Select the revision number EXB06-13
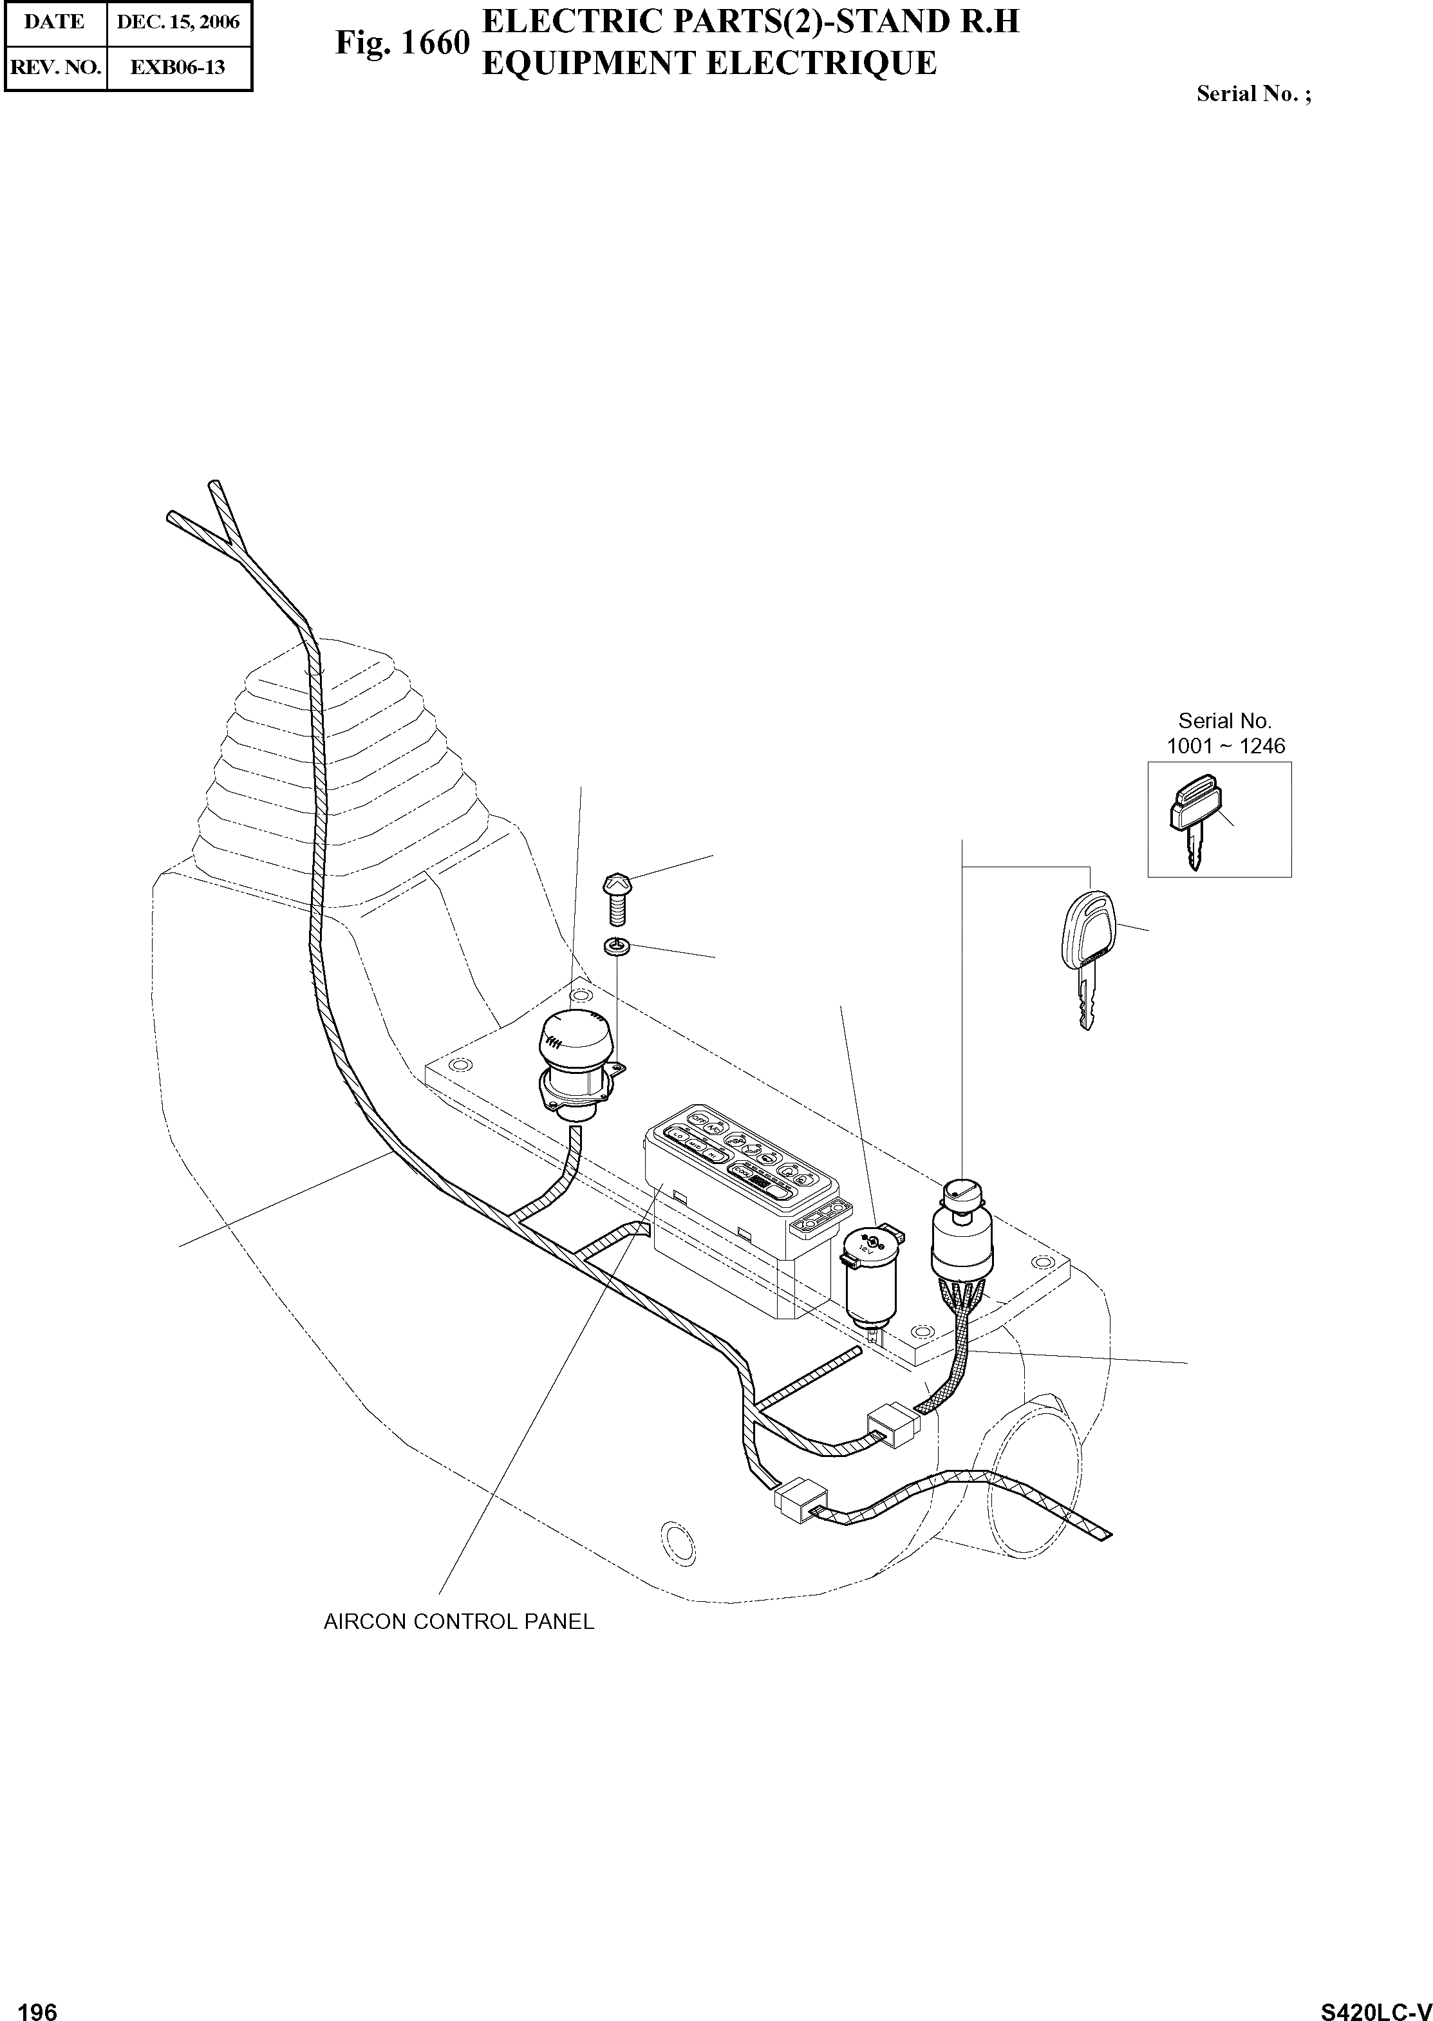[x=178, y=67]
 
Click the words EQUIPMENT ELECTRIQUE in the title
[x=709, y=64]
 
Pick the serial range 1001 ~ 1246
[x=1226, y=746]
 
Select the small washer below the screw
[x=616, y=948]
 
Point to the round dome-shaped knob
[x=570, y=1038]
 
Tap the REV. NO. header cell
[x=55, y=67]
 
